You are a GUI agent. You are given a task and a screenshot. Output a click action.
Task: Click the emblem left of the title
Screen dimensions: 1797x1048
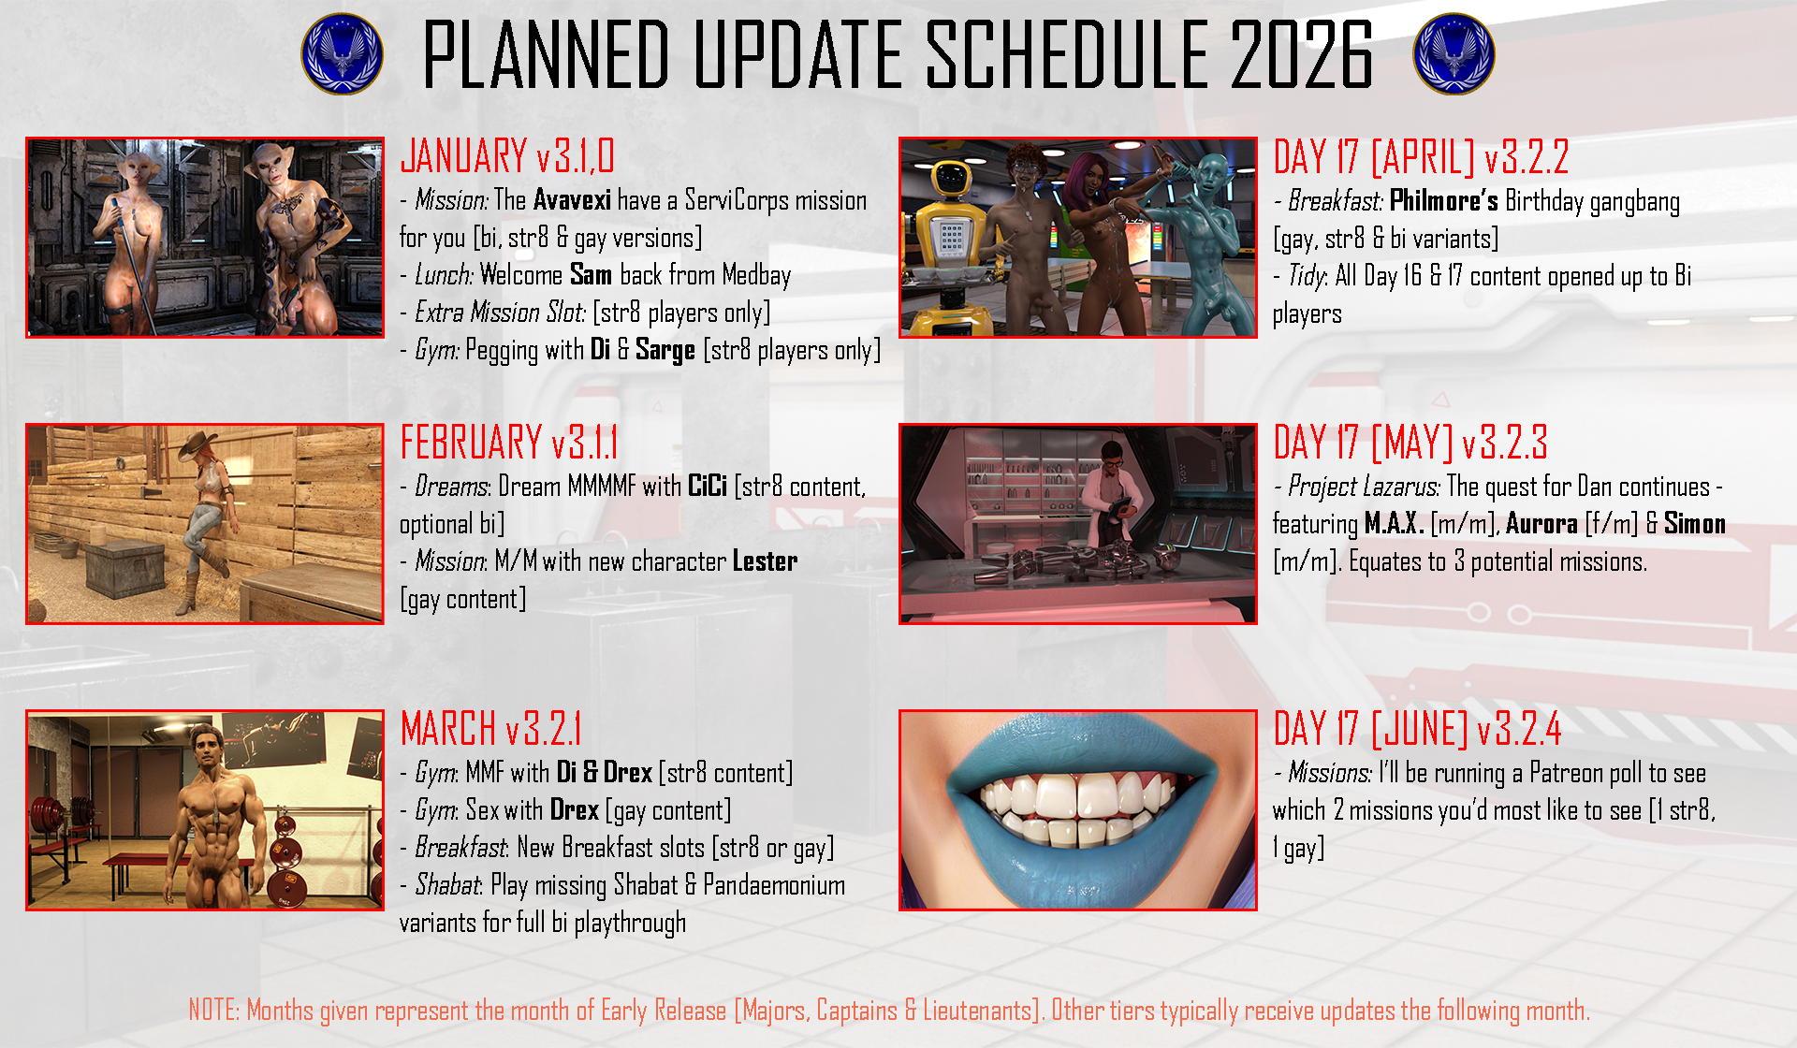pyautogui.click(x=343, y=54)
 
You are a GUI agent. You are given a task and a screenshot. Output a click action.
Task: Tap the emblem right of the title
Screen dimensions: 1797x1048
pyautogui.click(x=1454, y=54)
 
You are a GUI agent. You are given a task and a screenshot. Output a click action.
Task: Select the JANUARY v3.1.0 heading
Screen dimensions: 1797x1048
pyautogui.click(x=507, y=155)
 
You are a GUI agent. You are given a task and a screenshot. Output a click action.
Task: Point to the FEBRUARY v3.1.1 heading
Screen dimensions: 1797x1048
pyautogui.click(x=509, y=442)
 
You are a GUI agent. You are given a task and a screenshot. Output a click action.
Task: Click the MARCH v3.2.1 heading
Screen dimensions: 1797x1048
pyautogui.click(x=491, y=728)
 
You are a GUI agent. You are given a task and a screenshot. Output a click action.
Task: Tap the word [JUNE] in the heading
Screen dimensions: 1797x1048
pyautogui.click(x=1420, y=729)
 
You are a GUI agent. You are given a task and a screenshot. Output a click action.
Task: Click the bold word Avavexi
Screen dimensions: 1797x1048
pyautogui.click(x=572, y=200)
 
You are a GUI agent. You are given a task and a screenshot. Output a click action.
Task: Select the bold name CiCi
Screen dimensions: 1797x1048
pyautogui.click(x=708, y=487)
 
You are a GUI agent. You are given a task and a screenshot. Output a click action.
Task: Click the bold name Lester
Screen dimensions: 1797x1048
pyautogui.click(x=765, y=561)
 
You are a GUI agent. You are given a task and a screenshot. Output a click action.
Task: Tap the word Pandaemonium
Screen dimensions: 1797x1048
pyautogui.click(x=774, y=885)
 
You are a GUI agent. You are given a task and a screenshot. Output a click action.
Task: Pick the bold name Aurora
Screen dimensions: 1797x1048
pyautogui.click(x=1541, y=524)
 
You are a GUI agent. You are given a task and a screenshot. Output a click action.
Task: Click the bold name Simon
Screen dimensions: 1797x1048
pyautogui.click(x=1695, y=524)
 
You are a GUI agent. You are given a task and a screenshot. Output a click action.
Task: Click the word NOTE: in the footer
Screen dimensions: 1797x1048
pyautogui.click(x=214, y=1011)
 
